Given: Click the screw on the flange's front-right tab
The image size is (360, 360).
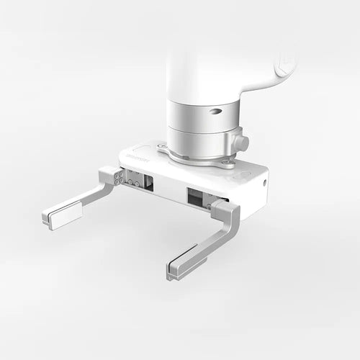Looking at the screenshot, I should [230, 163].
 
